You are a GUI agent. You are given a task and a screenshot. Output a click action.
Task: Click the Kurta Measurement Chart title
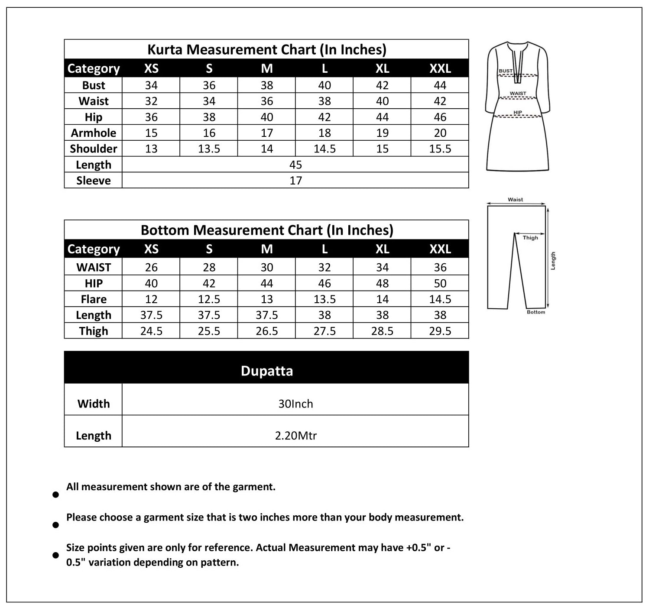pyautogui.click(x=266, y=49)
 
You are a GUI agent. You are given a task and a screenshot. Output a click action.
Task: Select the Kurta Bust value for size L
pyautogui.click(x=324, y=85)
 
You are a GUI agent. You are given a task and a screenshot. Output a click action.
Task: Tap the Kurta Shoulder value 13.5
pyautogui.click(x=209, y=149)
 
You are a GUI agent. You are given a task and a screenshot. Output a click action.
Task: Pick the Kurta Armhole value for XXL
pyautogui.click(x=440, y=133)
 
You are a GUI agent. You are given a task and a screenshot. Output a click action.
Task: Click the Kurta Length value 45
pyautogui.click(x=295, y=165)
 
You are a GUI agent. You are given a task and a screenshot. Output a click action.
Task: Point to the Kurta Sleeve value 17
pyautogui.click(x=295, y=181)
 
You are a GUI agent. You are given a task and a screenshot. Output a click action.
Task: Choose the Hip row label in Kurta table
pyautogui.click(x=94, y=117)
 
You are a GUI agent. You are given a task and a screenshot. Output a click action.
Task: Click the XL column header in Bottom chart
pyautogui.click(x=382, y=249)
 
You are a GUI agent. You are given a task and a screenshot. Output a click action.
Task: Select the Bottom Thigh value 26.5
pyautogui.click(x=266, y=331)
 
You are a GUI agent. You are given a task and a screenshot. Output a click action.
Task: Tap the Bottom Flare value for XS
pyautogui.click(x=151, y=299)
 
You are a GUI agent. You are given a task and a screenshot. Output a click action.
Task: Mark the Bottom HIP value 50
pyautogui.click(x=440, y=284)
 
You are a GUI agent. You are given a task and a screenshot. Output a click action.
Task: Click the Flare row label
pyautogui.click(x=94, y=299)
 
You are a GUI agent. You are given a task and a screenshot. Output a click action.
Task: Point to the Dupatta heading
pyautogui.click(x=266, y=371)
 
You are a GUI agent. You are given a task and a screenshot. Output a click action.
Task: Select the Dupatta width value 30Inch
pyautogui.click(x=295, y=404)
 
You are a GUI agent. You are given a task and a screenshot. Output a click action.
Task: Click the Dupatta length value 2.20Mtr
pyautogui.click(x=295, y=436)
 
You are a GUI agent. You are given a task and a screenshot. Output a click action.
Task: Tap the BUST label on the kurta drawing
pyautogui.click(x=505, y=71)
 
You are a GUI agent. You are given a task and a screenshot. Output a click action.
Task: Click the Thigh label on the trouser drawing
pyautogui.click(x=530, y=238)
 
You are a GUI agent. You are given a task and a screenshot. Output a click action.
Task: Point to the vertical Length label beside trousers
pyautogui.click(x=553, y=261)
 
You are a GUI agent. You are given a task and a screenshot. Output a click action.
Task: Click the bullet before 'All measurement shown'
pyautogui.click(x=55, y=495)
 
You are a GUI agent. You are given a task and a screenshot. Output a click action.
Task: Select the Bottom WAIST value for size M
pyautogui.click(x=266, y=268)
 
